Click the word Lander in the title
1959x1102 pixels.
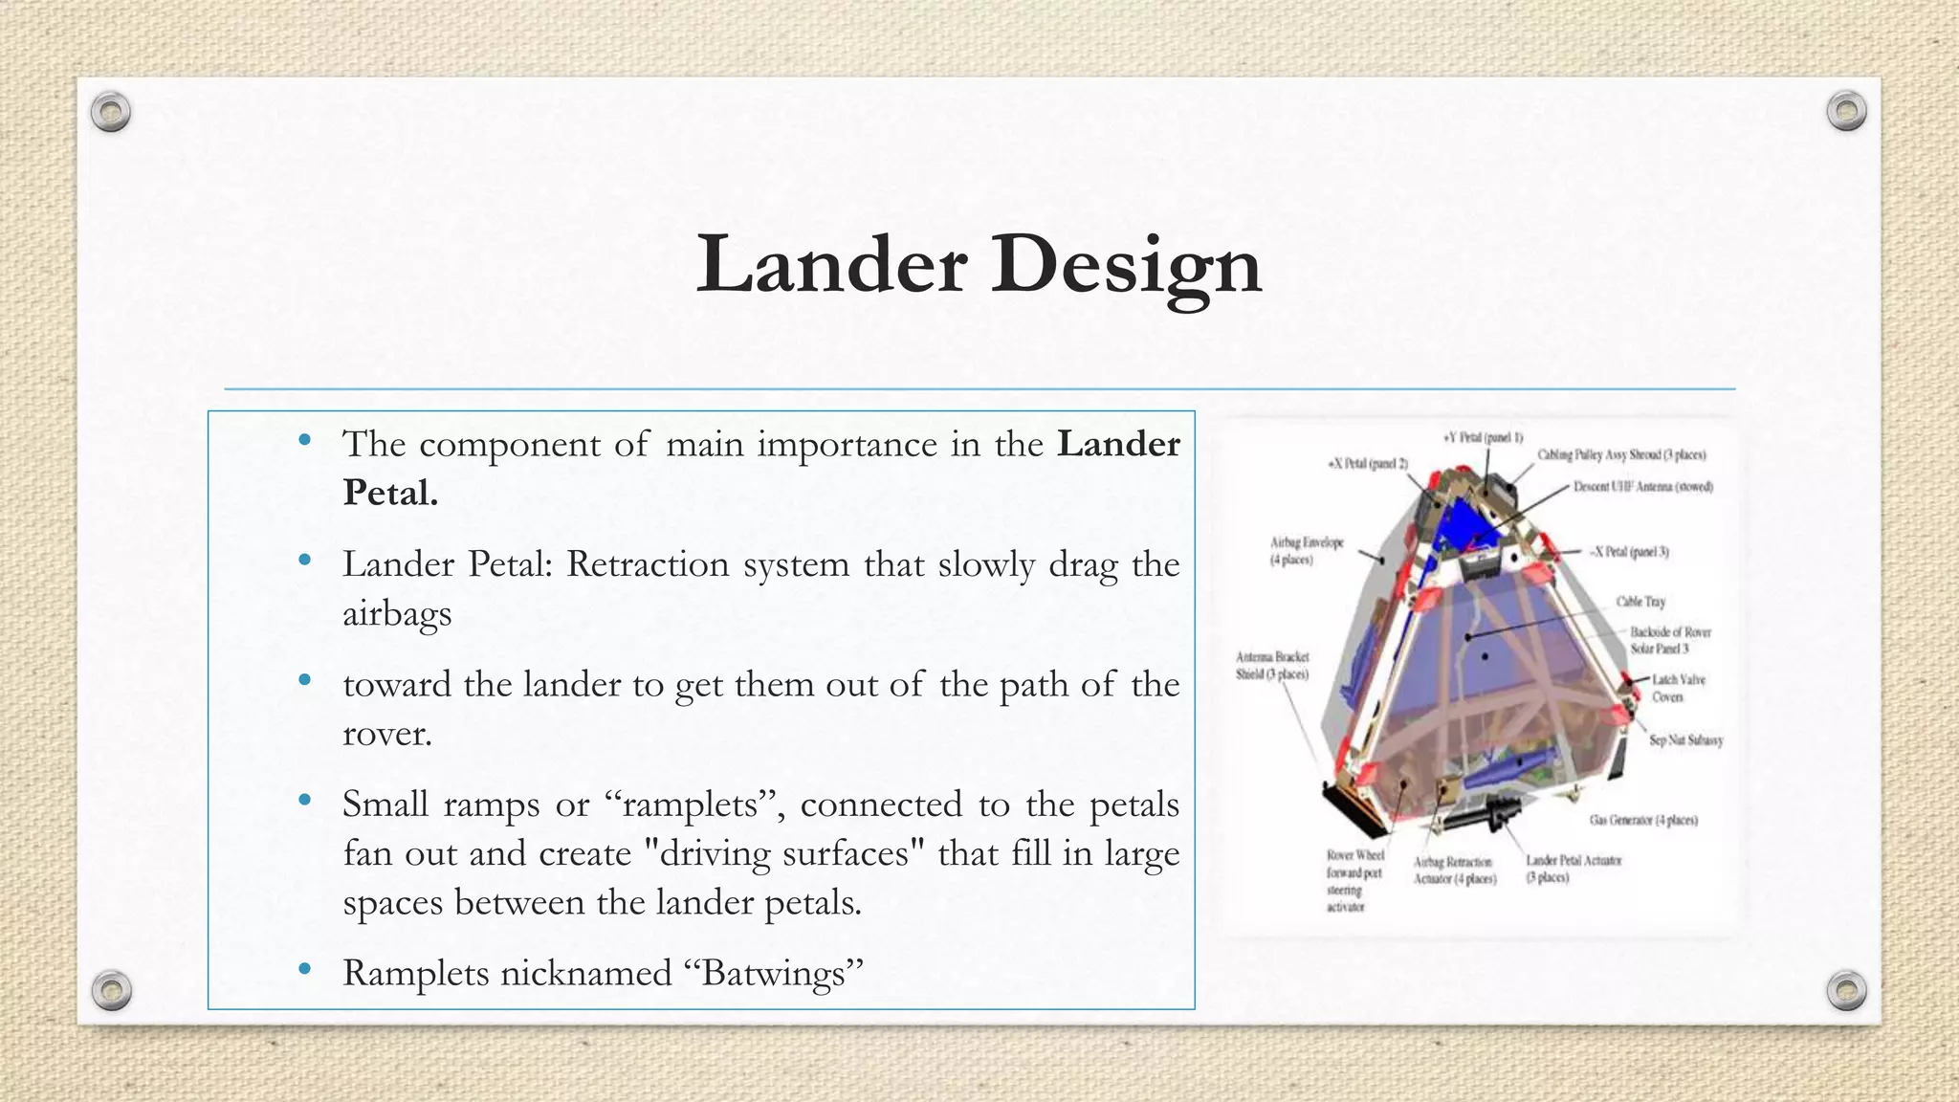[x=831, y=264]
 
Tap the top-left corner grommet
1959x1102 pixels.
[x=111, y=112]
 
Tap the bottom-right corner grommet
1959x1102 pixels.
[x=1846, y=990]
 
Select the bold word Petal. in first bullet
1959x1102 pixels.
[x=390, y=493]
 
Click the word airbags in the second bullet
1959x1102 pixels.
[x=397, y=613]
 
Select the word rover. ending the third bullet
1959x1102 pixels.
[x=387, y=734]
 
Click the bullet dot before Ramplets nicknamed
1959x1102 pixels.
[x=304, y=969]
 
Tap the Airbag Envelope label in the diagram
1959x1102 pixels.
[x=1307, y=550]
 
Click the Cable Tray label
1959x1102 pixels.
[x=1640, y=602]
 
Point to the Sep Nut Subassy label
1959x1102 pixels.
[x=1685, y=739]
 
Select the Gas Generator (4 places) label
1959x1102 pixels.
[x=1643, y=820]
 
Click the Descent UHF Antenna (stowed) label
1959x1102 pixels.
[x=1642, y=487]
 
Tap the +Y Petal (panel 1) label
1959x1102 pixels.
[x=1482, y=437]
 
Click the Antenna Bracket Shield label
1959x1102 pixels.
[x=1272, y=665]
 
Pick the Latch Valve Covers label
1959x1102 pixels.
[x=1678, y=688]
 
